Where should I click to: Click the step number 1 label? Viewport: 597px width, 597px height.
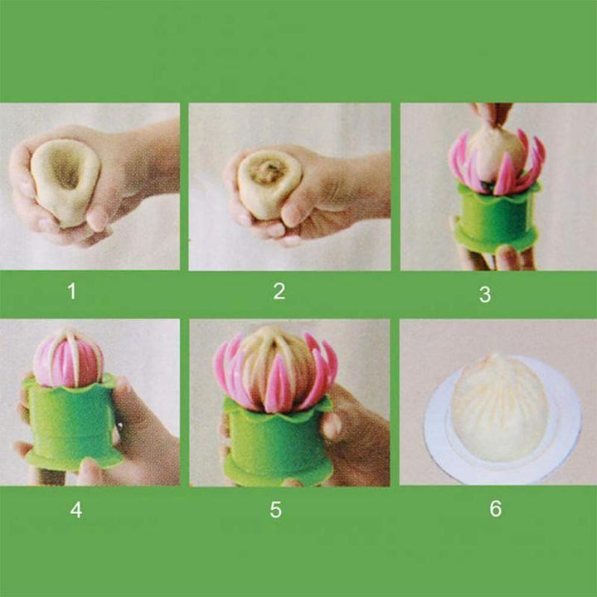pyautogui.click(x=71, y=291)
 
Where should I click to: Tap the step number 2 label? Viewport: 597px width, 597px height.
pyautogui.click(x=279, y=291)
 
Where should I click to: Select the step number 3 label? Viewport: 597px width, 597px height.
pyautogui.click(x=485, y=294)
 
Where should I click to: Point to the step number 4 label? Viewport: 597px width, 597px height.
pyautogui.click(x=76, y=510)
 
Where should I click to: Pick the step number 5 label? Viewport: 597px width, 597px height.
pyautogui.click(x=275, y=509)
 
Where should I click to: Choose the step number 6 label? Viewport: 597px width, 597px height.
pyautogui.click(x=495, y=508)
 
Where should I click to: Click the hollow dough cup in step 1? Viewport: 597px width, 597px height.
pyautogui.click(x=66, y=182)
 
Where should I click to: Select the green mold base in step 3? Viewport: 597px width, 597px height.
pyautogui.click(x=496, y=218)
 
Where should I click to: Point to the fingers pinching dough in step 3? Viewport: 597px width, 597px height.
pyautogui.click(x=491, y=113)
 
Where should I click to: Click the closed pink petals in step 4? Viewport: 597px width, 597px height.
pyautogui.click(x=69, y=359)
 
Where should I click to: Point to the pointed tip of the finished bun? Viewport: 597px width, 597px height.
pyautogui.click(x=495, y=356)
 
